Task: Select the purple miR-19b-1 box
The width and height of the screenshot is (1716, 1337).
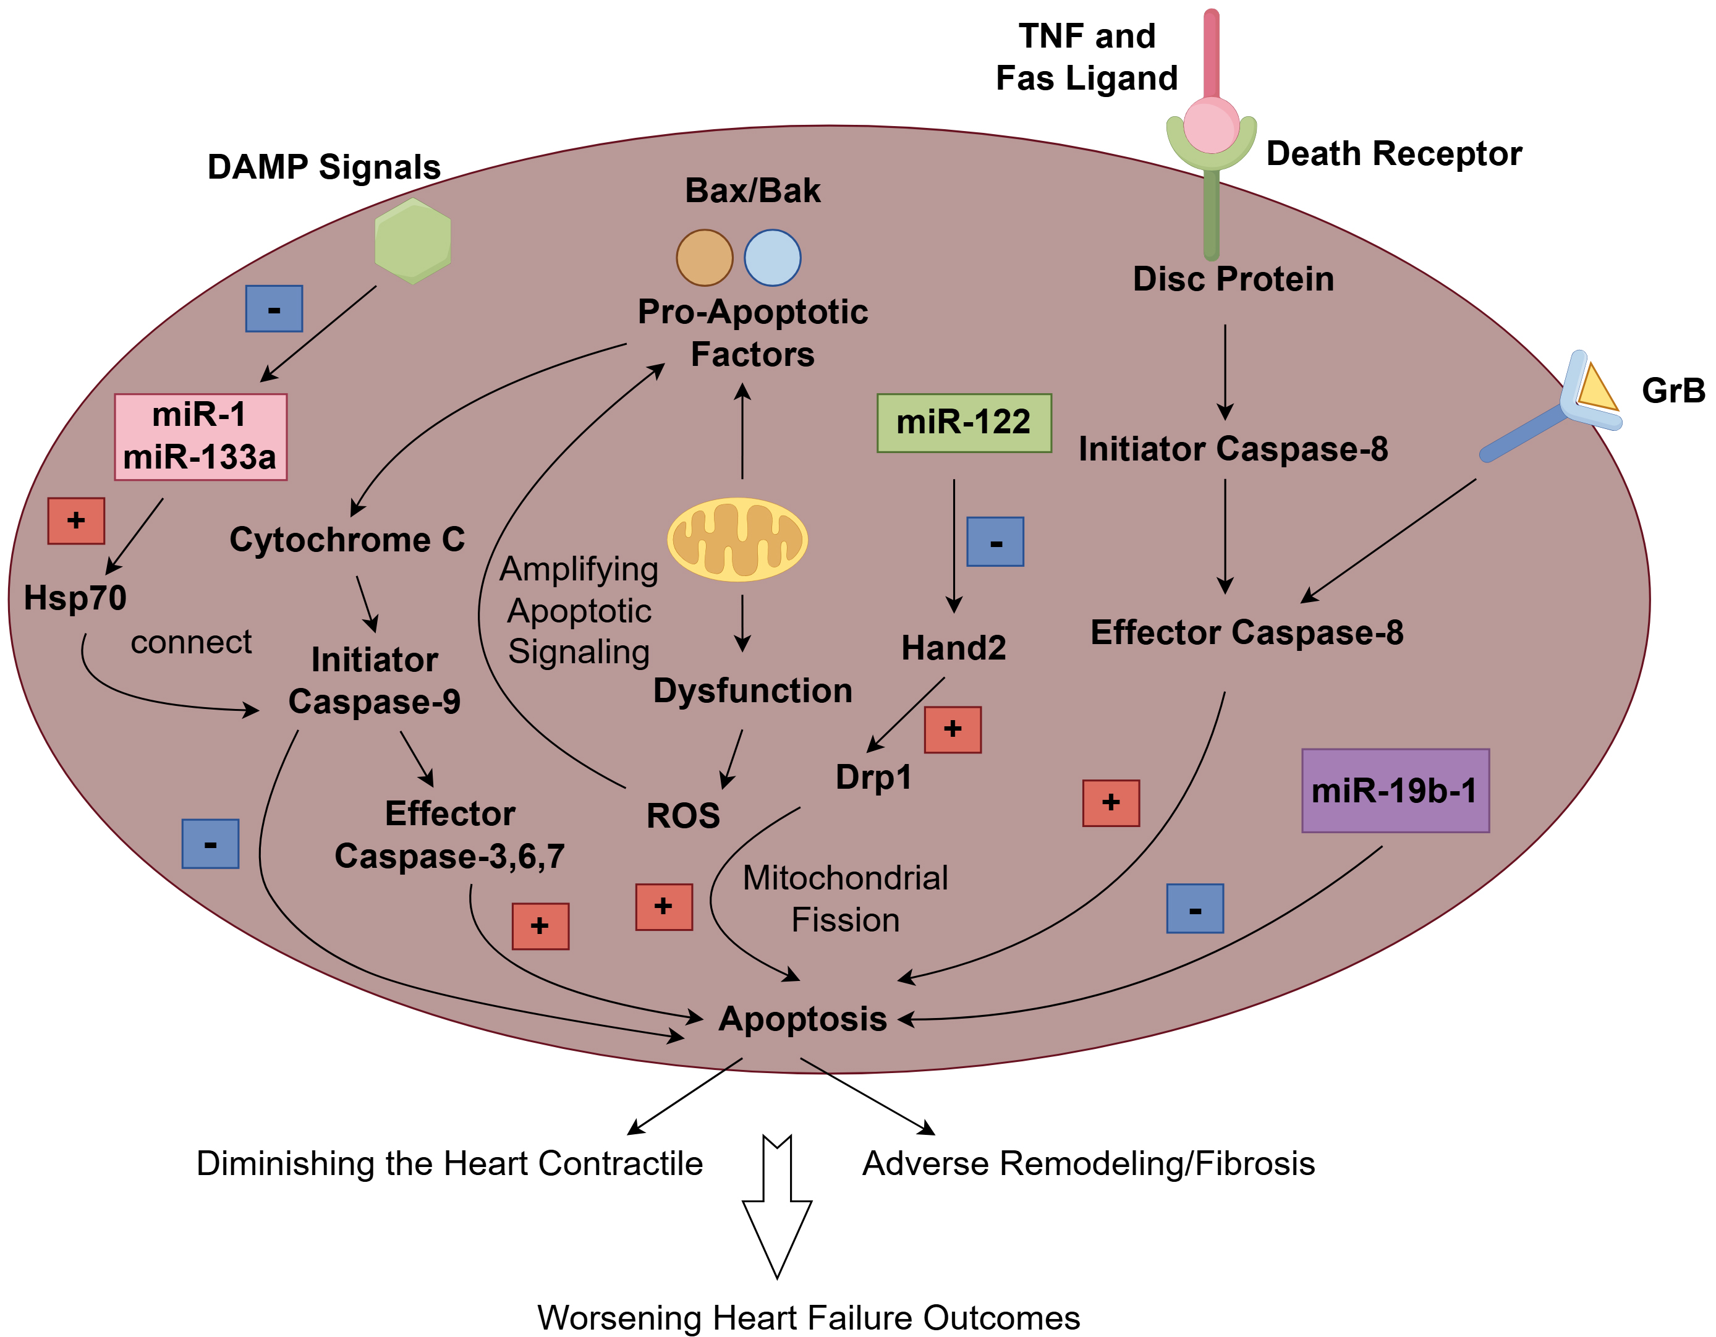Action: coord(1395,790)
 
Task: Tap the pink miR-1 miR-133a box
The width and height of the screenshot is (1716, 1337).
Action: coord(200,437)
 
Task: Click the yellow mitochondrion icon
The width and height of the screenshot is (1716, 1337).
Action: coord(737,540)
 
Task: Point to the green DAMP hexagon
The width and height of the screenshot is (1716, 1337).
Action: coord(412,241)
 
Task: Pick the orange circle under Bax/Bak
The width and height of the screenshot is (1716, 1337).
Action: coord(704,258)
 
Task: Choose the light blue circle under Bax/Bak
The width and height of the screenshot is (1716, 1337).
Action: coord(772,258)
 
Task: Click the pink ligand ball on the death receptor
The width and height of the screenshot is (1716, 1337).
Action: coord(1211,125)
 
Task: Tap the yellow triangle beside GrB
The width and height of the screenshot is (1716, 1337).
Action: coord(1595,389)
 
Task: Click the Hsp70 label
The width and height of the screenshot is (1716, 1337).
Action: coord(75,598)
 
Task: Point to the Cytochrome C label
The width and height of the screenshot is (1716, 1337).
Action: coord(347,540)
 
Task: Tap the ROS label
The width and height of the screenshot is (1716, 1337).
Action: coord(683,815)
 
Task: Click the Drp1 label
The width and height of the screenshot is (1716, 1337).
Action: coord(873,777)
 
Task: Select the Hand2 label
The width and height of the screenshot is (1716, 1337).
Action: coord(953,648)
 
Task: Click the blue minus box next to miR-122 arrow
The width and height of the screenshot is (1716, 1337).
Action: coord(995,542)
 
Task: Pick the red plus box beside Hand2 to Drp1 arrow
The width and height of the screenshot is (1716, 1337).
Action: coord(953,730)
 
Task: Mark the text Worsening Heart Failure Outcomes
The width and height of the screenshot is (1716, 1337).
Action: coord(809,1317)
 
